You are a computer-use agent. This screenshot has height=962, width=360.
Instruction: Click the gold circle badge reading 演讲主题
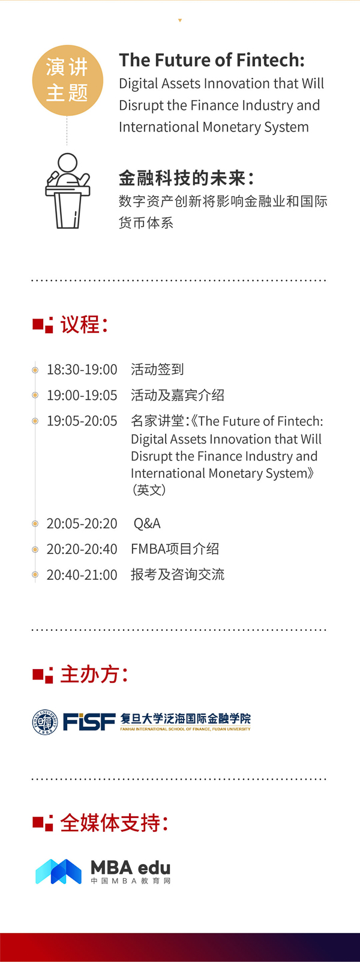point(67,80)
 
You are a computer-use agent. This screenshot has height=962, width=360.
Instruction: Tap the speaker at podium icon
point(67,191)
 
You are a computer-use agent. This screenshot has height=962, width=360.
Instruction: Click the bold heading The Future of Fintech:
point(212,60)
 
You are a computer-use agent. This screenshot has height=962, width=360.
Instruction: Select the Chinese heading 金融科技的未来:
point(187,178)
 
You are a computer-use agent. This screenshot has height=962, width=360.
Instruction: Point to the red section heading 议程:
point(83,325)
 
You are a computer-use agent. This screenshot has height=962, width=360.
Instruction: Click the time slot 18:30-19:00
point(82,370)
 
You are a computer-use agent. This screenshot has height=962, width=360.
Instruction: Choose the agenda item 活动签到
point(157,370)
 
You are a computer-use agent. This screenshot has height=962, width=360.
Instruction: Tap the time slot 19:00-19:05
point(82,395)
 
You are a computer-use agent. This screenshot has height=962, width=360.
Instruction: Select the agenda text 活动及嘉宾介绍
point(178,395)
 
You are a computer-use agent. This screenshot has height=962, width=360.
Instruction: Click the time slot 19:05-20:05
point(82,421)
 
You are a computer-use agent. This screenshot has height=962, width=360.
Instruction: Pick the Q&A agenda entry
point(147,523)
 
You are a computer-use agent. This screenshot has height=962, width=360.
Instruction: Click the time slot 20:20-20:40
point(82,549)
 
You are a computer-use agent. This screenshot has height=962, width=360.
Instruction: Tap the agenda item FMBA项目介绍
point(175,549)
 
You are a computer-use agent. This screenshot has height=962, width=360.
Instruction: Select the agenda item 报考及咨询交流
point(178,575)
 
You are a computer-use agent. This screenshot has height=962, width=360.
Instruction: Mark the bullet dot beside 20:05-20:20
point(35,524)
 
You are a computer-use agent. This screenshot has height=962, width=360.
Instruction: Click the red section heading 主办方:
point(94,675)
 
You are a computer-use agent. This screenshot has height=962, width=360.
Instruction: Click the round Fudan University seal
point(45,722)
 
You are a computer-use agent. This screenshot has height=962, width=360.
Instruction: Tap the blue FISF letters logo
point(89,722)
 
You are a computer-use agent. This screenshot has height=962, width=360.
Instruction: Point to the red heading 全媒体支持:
point(114,823)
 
